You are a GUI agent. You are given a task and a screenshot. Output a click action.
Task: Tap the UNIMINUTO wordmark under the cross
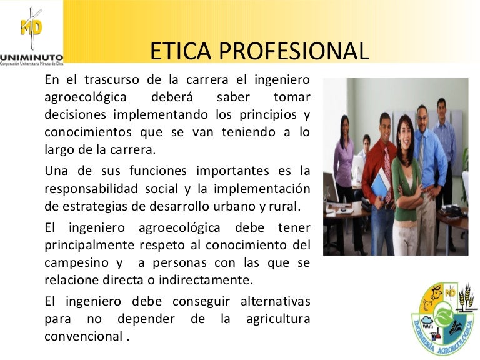coord(32,54)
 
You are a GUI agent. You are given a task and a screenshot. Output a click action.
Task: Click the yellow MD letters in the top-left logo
coord(31,29)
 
